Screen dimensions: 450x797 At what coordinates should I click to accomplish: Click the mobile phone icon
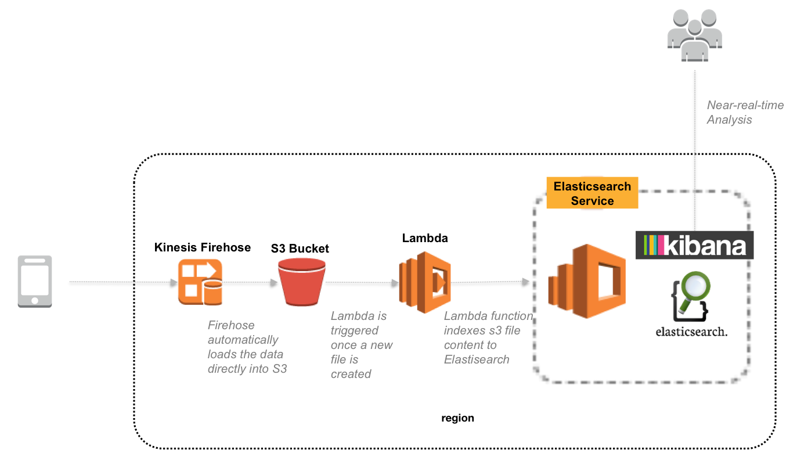[x=34, y=281]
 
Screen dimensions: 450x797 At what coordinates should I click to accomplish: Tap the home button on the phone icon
[x=34, y=300]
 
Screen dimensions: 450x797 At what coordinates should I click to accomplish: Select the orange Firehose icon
[x=200, y=282]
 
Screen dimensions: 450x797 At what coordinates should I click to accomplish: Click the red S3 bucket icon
[x=301, y=282]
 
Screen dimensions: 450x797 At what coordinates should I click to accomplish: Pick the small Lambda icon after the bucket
[x=424, y=282]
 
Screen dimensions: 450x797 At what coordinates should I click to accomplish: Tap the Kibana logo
[x=695, y=245]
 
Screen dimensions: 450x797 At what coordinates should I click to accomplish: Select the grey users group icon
[x=694, y=35]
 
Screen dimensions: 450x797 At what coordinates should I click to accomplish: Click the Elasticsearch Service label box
[x=592, y=193]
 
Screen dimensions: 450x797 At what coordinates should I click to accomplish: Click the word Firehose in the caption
[x=231, y=325]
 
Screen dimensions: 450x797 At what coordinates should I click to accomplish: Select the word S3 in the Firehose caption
[x=279, y=369]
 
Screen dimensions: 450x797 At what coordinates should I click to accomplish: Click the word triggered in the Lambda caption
[x=354, y=330]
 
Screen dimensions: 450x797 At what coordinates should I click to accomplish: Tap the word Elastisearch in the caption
[x=476, y=359]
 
